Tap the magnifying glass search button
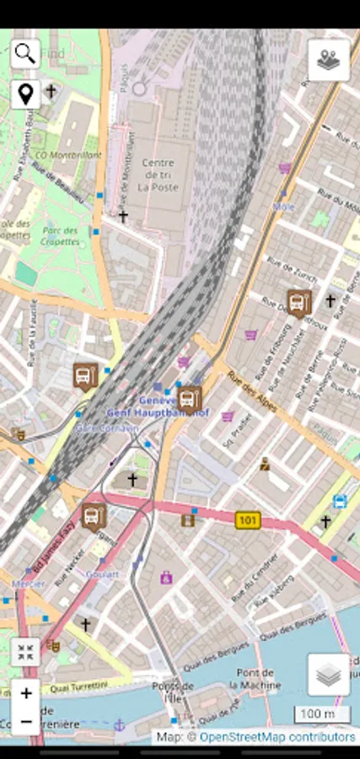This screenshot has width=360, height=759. tap(25, 54)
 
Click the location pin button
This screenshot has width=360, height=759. tap(25, 94)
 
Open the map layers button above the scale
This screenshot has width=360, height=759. tap(328, 675)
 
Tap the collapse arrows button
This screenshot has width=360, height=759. tap(25, 652)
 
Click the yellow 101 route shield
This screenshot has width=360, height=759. tap(247, 520)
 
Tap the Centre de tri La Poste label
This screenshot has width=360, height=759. tap(159, 175)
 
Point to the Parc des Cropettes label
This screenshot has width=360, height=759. tap(60, 236)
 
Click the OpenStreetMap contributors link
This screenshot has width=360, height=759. tap(277, 737)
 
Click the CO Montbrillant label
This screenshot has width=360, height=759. tap(67, 156)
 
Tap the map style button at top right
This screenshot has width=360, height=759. tap(328, 60)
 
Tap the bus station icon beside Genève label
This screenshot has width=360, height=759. tap(190, 398)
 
